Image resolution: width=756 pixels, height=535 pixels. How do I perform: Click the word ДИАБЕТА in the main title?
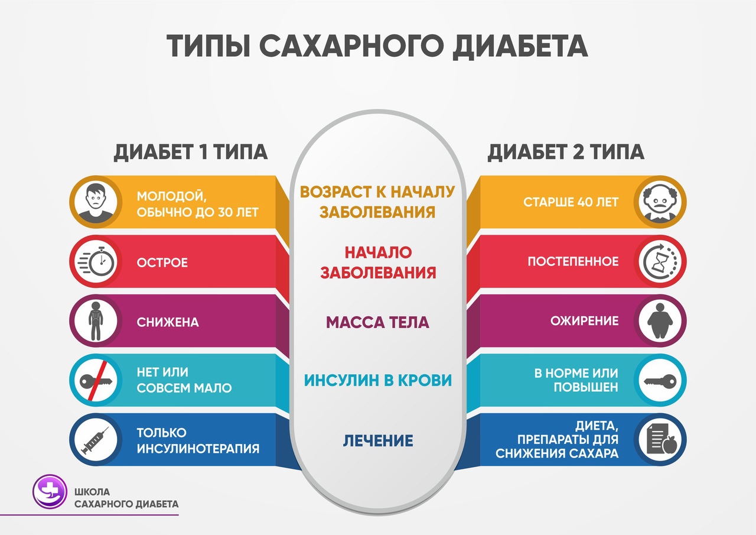coord(520,47)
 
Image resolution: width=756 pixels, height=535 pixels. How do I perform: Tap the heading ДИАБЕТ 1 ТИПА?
coord(191,152)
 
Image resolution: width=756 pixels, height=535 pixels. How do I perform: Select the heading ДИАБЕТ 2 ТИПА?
coord(566,152)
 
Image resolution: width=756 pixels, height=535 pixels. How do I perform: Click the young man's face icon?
coord(96,203)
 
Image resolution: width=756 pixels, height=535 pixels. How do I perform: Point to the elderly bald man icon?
coord(660,202)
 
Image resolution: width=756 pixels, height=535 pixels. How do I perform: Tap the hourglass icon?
coord(660,261)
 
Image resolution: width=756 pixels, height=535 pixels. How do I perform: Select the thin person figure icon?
coord(96,321)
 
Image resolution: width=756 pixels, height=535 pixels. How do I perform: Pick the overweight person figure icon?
coord(660,321)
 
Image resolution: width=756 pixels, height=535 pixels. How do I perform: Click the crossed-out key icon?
coord(96,380)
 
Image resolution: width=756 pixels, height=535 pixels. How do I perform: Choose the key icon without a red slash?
coord(660,381)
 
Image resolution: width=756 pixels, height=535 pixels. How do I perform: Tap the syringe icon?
coord(95,440)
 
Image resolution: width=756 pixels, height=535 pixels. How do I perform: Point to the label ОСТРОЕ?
coord(162,262)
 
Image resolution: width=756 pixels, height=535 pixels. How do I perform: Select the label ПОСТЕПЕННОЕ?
coord(573,261)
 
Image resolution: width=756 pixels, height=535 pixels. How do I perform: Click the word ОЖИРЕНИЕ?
coord(585,321)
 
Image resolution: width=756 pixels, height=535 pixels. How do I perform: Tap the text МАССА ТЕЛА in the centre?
coord(377,323)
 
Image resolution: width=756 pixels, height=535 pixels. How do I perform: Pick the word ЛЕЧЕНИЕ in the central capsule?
coord(378,441)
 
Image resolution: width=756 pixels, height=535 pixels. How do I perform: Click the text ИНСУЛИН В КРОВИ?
coord(377,380)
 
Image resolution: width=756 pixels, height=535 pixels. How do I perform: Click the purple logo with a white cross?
coord(50,491)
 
